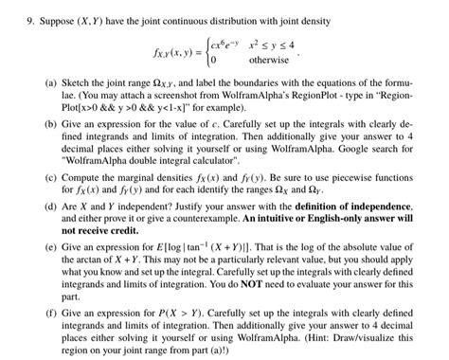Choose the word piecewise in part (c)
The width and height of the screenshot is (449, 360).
[x=352, y=179]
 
